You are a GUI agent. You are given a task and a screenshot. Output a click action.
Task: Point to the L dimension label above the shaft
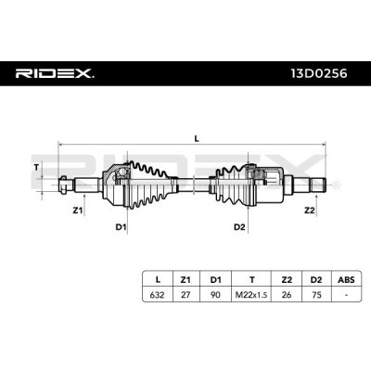pyautogui.click(x=196, y=138)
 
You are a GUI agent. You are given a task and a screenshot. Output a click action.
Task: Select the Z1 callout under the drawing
pyautogui.click(x=78, y=211)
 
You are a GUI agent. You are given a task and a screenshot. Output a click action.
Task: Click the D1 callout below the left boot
pyautogui.click(x=121, y=226)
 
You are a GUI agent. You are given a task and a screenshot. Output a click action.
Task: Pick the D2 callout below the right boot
pyautogui.click(x=239, y=226)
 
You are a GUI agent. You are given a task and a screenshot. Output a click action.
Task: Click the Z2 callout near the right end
pyautogui.click(x=310, y=211)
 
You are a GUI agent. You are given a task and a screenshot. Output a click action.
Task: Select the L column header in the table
pyautogui.click(x=157, y=278)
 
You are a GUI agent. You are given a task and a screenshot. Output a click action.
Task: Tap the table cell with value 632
pyautogui.click(x=157, y=294)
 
